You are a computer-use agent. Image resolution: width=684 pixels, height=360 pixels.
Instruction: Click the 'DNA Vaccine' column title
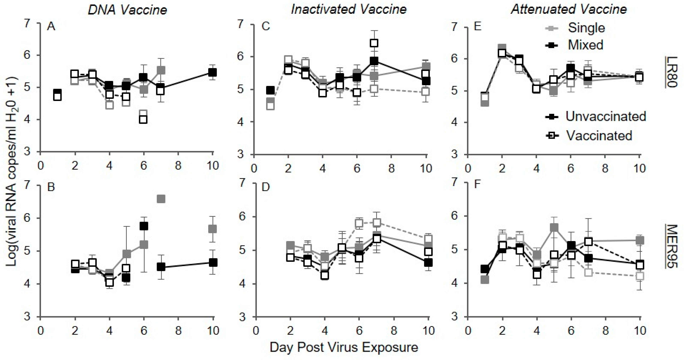[x=127, y=10]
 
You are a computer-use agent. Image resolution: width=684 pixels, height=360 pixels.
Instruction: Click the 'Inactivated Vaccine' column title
[x=349, y=10]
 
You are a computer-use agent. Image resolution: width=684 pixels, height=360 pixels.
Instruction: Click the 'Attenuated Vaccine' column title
[x=569, y=10]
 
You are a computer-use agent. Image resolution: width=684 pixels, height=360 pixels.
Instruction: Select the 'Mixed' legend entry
[x=585, y=45]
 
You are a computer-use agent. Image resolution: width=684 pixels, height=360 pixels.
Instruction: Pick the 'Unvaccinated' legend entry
[x=605, y=116]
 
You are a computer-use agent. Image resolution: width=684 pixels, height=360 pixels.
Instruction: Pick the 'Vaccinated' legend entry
[x=599, y=136]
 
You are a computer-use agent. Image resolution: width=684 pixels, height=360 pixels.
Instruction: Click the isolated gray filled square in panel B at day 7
[x=161, y=199]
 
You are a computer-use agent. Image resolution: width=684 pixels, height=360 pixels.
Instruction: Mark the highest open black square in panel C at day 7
[x=374, y=43]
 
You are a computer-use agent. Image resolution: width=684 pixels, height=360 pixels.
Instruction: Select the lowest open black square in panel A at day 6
[x=143, y=119]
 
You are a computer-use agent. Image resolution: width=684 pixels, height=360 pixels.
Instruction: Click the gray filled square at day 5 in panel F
[x=554, y=227]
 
